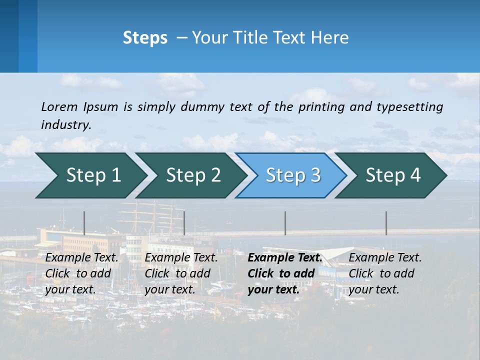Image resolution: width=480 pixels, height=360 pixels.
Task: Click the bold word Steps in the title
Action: (x=145, y=38)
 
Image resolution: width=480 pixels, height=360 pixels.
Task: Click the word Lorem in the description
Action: (x=59, y=106)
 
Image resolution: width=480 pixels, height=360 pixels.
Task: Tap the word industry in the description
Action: (x=66, y=125)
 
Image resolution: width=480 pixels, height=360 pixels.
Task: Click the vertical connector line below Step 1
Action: (x=84, y=223)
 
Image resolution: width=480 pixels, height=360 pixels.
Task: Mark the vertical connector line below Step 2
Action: (x=184, y=223)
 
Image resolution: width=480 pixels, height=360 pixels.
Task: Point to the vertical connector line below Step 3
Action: (x=285, y=223)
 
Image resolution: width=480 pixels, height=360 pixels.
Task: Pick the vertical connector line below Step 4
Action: (x=386, y=223)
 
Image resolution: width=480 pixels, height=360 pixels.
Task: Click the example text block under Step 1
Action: (x=81, y=273)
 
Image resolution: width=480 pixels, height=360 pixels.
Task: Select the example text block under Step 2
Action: (x=181, y=273)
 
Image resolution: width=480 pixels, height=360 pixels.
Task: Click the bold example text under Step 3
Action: (x=284, y=273)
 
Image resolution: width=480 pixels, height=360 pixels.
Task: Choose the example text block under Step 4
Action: (x=385, y=273)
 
